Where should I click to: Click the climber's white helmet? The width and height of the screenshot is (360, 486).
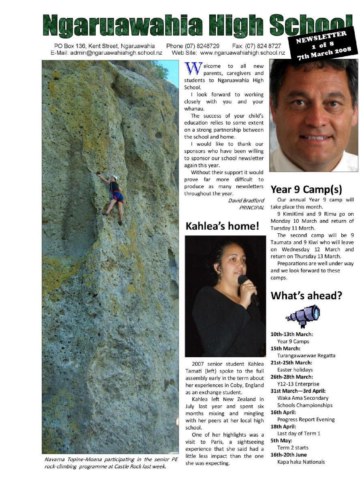pyautogui.click(x=115, y=177)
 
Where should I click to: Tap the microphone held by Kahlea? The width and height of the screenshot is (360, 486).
pyautogui.click(x=248, y=288)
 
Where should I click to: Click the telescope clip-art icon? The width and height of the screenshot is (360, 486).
pyautogui.click(x=304, y=315)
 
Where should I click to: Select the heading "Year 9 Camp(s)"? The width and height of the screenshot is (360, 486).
pyautogui.click(x=306, y=189)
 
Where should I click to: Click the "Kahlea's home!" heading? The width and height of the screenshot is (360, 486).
pyautogui.click(x=222, y=226)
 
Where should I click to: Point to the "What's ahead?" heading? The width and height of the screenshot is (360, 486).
pyautogui.click(x=306, y=296)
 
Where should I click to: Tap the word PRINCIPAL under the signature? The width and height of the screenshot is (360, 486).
pyautogui.click(x=252, y=207)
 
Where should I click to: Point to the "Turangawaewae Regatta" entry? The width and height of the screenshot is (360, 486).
pyautogui.click(x=306, y=356)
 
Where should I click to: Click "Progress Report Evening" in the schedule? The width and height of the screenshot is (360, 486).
pyautogui.click(x=306, y=420)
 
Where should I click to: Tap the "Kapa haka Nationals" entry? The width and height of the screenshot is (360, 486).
pyautogui.click(x=301, y=462)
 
